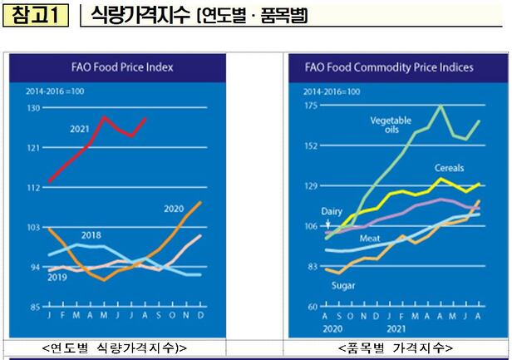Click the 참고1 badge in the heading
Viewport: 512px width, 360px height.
(36, 17)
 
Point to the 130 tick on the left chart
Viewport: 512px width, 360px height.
(33, 108)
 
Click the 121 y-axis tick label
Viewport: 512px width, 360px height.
(33, 148)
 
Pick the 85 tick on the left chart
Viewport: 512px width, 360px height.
(35, 307)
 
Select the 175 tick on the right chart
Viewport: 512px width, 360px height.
(312, 106)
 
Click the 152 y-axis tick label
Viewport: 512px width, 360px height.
(312, 146)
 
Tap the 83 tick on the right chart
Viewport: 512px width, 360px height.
(313, 266)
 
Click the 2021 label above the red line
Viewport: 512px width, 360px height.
(80, 130)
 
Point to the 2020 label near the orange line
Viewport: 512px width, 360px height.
(174, 208)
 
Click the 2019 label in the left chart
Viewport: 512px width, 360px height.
(57, 276)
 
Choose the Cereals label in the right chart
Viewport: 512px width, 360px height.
(449, 169)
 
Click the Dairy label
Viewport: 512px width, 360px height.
(332, 212)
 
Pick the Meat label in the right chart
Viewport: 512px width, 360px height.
(370, 239)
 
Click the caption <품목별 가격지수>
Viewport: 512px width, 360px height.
(396, 347)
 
